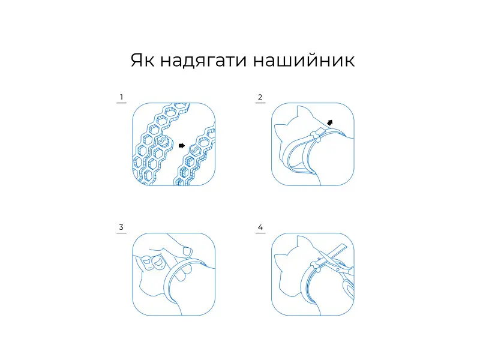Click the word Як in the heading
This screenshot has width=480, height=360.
(x=142, y=60)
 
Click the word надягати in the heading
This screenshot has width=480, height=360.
(x=203, y=61)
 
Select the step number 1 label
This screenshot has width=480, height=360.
(x=122, y=97)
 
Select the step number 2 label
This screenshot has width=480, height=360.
(x=260, y=97)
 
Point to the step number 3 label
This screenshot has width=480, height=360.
(x=121, y=227)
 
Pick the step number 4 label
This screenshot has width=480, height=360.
(x=260, y=227)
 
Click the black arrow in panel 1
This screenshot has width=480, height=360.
(x=182, y=145)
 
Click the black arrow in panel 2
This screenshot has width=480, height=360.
(x=329, y=123)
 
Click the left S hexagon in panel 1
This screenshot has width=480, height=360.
(x=163, y=141)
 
